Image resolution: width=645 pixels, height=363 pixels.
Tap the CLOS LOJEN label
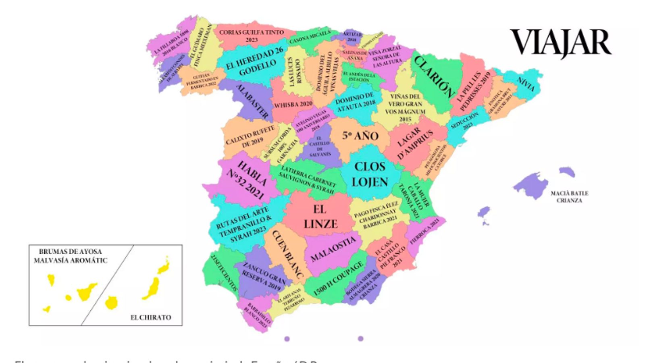pyautogui.click(x=370, y=174)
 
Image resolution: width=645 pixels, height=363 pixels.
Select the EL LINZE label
pyautogui.click(x=320, y=217)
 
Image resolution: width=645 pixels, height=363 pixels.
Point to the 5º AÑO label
pyautogui.click(x=360, y=136)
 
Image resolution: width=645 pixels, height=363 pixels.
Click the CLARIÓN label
pyautogui.click(x=433, y=76)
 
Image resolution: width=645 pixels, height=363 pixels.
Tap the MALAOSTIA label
pyautogui.click(x=333, y=249)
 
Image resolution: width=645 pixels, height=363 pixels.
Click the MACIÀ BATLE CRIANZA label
pyautogui.click(x=569, y=197)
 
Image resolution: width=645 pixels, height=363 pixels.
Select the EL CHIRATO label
pyautogui.click(x=150, y=317)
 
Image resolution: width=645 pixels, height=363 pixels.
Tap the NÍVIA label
pyautogui.click(x=526, y=84)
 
